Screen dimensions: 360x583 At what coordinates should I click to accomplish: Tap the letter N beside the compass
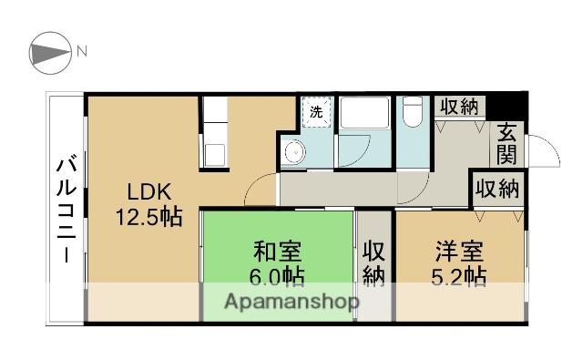coord(81,51)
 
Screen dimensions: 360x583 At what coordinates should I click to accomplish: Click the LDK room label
coord(148,192)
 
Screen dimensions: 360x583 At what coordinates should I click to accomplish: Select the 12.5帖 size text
coord(148,218)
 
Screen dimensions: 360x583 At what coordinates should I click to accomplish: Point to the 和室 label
coord(277,250)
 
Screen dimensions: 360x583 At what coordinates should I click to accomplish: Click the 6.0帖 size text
coord(277,275)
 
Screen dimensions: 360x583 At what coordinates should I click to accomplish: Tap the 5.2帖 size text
coord(459,275)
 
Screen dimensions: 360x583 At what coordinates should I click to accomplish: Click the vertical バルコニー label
coord(66,209)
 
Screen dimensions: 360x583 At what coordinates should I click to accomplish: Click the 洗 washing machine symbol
coord(316,113)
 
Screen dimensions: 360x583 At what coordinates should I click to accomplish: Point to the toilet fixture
coord(413,114)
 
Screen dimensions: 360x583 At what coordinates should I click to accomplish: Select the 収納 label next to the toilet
coord(459,107)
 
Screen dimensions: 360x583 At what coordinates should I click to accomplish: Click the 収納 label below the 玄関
coord(496,190)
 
